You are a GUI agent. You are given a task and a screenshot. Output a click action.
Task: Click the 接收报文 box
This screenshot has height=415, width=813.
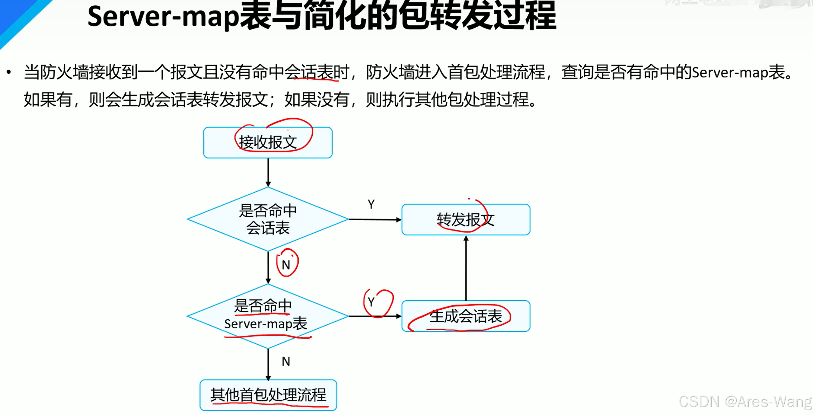coord(268,142)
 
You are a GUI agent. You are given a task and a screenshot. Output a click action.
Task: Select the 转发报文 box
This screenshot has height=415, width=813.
coord(466,219)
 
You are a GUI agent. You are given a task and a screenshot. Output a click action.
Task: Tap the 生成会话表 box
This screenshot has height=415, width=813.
coord(466,316)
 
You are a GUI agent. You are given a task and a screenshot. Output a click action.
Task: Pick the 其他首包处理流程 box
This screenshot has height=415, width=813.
coord(268,395)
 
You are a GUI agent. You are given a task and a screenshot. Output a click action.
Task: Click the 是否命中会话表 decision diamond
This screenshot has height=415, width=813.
coord(268,219)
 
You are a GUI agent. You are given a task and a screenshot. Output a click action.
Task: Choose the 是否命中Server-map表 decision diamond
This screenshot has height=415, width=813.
coord(268,316)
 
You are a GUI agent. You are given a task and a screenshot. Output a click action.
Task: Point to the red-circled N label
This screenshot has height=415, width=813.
coord(286,264)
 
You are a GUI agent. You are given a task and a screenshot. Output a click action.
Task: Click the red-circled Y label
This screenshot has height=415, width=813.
coord(371,302)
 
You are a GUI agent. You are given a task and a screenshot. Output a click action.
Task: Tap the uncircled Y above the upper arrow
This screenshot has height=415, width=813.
coord(371,204)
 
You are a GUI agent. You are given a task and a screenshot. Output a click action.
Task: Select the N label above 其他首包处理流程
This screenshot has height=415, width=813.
coord(286,361)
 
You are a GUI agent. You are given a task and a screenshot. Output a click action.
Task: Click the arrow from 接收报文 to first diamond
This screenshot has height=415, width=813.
coord(268,172)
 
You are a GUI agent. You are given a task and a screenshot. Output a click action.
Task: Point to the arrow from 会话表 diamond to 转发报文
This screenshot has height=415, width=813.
coord(375,219)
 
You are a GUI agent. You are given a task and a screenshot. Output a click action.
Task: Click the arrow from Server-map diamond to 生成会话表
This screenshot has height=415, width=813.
coord(375,316)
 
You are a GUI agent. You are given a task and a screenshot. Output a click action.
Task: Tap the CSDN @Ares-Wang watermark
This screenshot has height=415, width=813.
coord(745,401)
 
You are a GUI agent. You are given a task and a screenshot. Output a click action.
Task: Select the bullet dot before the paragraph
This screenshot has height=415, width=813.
coord(9,72)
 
